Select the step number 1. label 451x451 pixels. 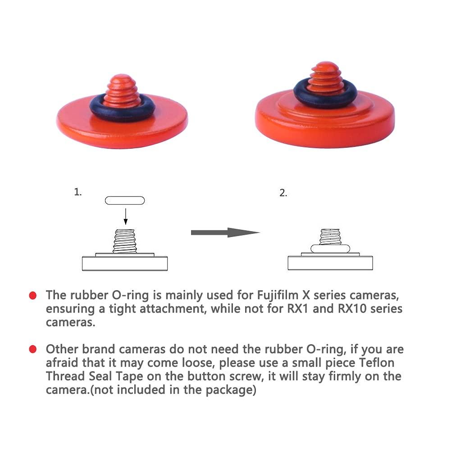pos(78,192)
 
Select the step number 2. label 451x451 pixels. pos(283,193)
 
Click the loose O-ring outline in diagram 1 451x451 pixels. pos(125,200)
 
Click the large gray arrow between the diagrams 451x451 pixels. pos(225,232)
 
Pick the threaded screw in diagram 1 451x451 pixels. pos(125,241)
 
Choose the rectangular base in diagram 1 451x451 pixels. pos(125,263)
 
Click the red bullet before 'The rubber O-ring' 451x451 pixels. pos(32,296)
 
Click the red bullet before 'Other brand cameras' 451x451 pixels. pos(32,349)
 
